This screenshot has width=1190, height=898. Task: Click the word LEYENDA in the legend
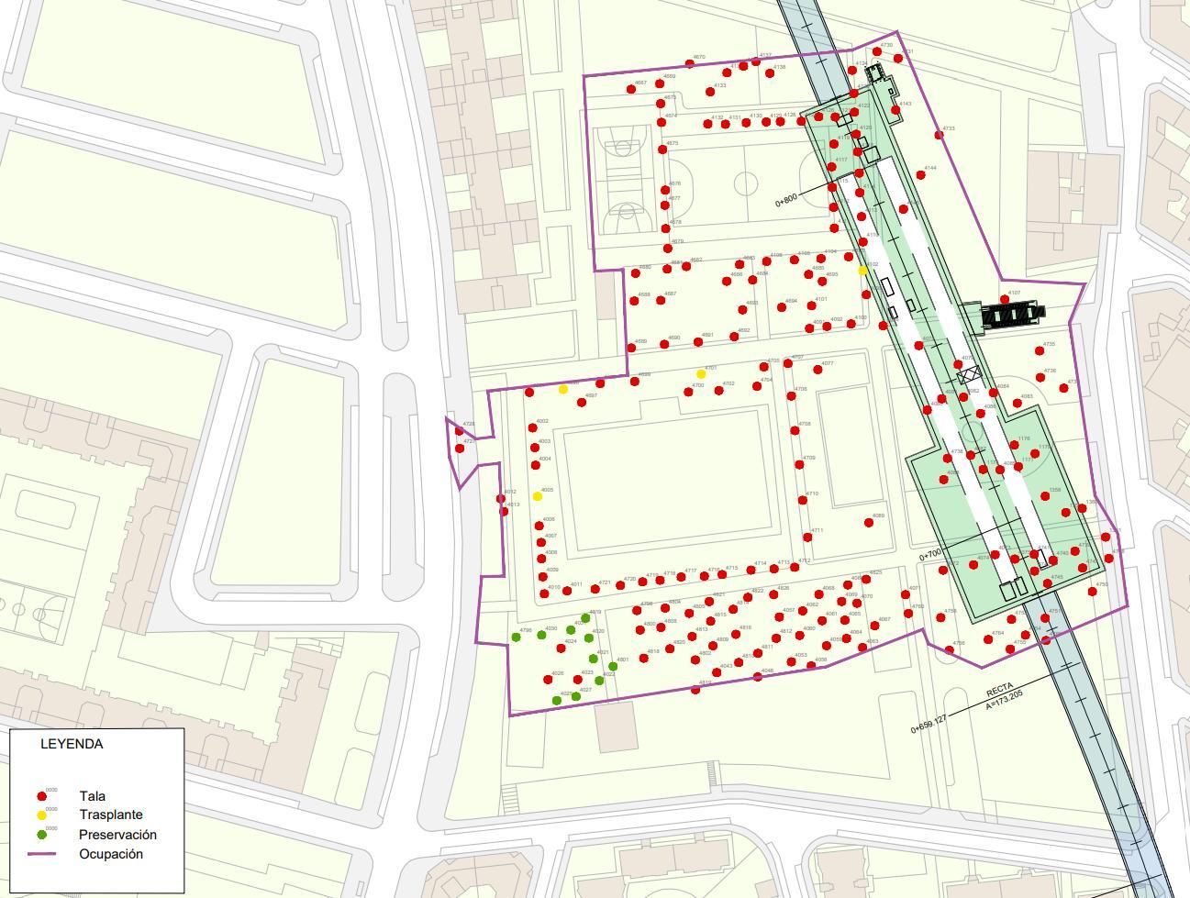point(72,744)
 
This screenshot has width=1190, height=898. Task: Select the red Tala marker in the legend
point(41,796)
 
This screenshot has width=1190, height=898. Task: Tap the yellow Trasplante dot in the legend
point(41,815)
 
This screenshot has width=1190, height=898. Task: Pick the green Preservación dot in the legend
point(41,835)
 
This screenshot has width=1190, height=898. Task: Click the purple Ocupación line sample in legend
point(41,854)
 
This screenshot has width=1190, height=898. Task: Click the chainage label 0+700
point(930,555)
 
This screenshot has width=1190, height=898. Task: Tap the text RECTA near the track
point(1000,690)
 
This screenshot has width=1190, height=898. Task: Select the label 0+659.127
point(929,723)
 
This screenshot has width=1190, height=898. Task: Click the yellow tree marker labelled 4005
point(538,496)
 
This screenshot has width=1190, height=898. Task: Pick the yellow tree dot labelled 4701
point(701,374)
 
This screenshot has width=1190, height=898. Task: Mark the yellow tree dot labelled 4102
point(862,271)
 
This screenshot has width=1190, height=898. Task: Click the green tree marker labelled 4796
point(517,637)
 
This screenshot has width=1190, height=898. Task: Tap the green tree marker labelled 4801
point(613,667)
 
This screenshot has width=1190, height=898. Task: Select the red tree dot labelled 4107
point(1005,300)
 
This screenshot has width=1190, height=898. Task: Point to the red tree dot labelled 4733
point(939,135)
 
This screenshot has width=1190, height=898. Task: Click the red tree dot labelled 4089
point(869,523)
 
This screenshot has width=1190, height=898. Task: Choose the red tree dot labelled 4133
point(709,91)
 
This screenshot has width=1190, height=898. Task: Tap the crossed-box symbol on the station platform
point(967,374)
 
